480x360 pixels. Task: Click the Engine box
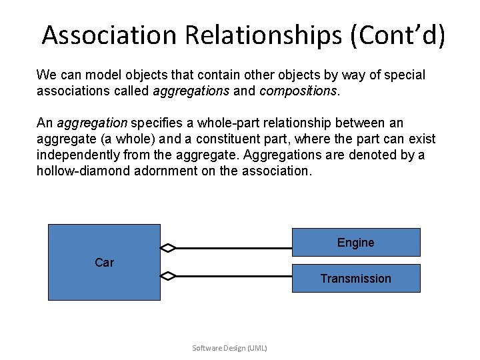coord(356,243)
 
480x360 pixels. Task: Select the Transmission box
coord(356,279)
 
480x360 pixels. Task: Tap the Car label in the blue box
coord(104,263)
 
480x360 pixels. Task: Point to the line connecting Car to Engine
coord(233,248)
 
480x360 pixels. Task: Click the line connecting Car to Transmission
coord(233,275)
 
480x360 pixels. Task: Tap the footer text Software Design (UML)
coord(229,348)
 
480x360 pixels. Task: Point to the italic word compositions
coord(298,91)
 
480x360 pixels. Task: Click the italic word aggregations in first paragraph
coord(191,91)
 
